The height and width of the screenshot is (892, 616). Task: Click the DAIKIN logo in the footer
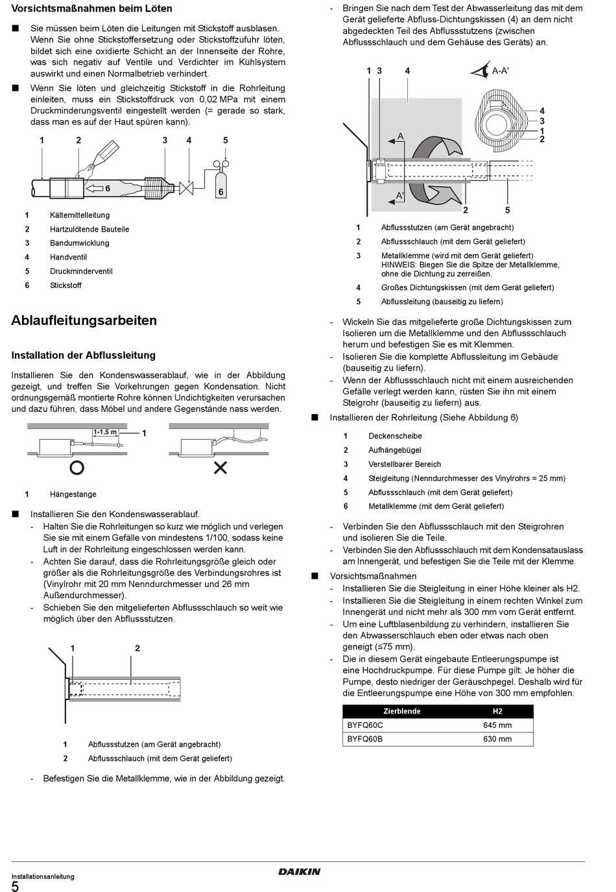click(299, 872)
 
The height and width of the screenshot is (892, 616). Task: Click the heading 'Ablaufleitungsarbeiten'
click(84, 320)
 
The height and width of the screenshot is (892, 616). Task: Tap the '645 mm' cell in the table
click(497, 725)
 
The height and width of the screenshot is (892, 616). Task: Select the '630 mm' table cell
click(497, 739)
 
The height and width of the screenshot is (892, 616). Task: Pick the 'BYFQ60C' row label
click(365, 725)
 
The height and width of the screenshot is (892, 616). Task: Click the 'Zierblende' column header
click(402, 711)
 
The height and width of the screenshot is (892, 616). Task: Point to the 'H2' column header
click(497, 711)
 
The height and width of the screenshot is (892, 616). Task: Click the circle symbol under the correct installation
click(77, 467)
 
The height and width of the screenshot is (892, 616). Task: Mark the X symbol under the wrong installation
click(220, 467)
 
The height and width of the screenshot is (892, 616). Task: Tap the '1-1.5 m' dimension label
click(105, 432)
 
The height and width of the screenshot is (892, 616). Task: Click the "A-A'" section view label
click(500, 71)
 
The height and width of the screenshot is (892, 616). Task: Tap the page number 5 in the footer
click(15, 886)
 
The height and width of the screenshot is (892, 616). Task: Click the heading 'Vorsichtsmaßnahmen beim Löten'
click(92, 9)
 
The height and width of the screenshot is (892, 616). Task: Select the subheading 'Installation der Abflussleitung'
click(84, 356)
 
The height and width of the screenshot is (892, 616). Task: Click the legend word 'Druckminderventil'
click(81, 271)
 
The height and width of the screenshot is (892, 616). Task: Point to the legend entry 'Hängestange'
click(73, 494)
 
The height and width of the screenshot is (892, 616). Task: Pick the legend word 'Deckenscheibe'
click(395, 436)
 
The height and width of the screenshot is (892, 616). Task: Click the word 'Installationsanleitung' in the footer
click(43, 876)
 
